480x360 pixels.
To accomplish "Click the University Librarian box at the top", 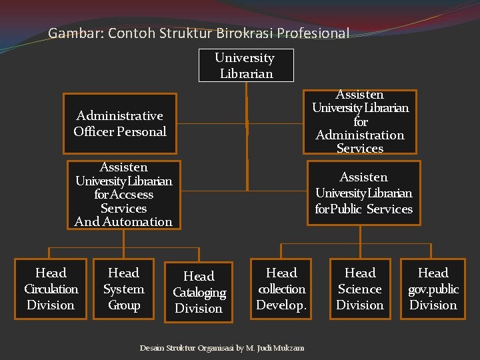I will click(x=246, y=65).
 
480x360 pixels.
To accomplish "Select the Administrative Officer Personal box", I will click(x=120, y=123).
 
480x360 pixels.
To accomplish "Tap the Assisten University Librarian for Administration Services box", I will click(x=360, y=122).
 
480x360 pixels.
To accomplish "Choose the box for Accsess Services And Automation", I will click(x=124, y=195).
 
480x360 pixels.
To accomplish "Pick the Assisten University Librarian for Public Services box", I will click(x=363, y=193).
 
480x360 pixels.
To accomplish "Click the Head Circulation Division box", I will click(x=51, y=289).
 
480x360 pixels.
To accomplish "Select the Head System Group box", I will click(x=124, y=289).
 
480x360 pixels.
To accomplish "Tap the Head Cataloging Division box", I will click(x=199, y=292).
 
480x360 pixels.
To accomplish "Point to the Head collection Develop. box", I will click(x=281, y=289).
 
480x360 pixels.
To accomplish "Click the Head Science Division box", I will click(x=360, y=289).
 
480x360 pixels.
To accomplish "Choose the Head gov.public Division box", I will click(x=433, y=289).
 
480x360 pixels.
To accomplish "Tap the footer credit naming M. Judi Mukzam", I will click(x=222, y=348).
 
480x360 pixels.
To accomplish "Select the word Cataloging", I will click(x=199, y=293).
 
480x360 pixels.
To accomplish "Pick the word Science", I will click(x=360, y=289).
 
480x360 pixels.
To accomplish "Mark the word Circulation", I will click(x=51, y=289).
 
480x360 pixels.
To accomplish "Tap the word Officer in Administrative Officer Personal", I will click(x=93, y=131).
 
